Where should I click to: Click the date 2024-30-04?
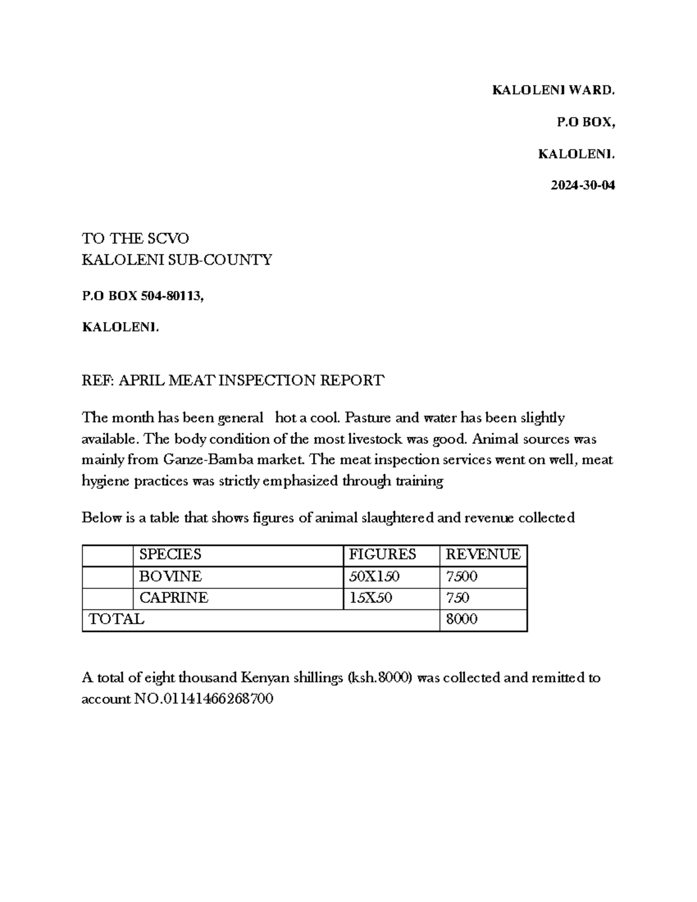coord(583,186)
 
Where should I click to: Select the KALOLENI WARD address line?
coord(553,90)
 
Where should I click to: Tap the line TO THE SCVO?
coord(135,239)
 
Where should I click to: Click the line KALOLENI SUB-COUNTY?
coord(177,260)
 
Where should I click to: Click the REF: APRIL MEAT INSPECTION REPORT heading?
coord(233,380)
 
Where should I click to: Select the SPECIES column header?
coord(170,555)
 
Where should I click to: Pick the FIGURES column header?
coord(382,555)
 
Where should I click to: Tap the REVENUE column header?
coord(483,555)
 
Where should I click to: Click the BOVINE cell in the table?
coord(170,577)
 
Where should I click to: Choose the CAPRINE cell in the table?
coord(174,598)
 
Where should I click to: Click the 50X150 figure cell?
coord(374,577)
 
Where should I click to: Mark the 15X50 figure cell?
coord(370,598)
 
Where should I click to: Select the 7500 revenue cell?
coord(461,577)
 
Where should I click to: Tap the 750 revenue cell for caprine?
coord(457,598)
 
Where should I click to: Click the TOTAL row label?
coord(116,620)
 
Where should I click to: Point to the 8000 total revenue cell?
coord(461,620)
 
